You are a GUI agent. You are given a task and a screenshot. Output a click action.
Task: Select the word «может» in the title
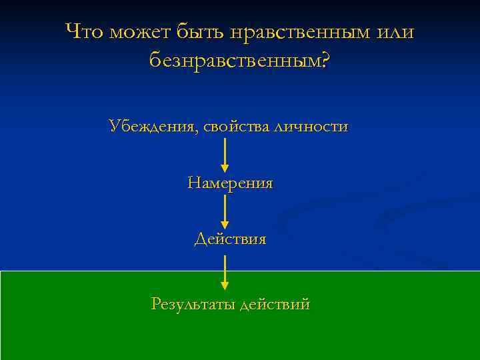141,31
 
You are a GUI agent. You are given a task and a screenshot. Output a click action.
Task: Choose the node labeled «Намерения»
230,183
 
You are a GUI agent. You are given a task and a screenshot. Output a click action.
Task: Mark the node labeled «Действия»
230,239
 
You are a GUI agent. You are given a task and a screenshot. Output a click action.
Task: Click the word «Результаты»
193,305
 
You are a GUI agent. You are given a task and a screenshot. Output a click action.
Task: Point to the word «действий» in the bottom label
275,305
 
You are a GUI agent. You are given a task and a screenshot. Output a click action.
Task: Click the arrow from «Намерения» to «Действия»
225,211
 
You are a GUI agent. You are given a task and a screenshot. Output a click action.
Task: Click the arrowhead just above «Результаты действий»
225,285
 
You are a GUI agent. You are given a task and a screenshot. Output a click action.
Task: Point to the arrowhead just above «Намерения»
225,167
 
